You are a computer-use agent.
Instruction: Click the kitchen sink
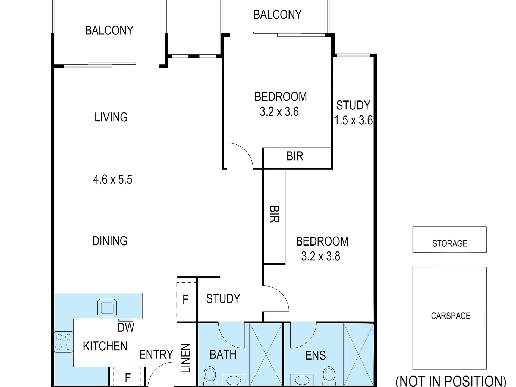coord(107,308)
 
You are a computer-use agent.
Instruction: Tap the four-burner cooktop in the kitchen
coord(64,342)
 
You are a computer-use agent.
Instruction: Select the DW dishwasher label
coord(126,327)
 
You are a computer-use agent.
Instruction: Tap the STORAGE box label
coord(450,243)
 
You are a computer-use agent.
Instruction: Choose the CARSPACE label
coord(451,316)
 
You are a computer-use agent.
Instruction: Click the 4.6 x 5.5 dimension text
coord(113,180)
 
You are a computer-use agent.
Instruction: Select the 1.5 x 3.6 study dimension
coord(353,120)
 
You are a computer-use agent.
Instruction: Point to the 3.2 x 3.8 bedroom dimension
coord(321,256)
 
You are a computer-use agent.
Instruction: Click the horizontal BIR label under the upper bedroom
coord(295,156)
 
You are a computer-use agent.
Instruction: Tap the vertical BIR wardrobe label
coord(274,214)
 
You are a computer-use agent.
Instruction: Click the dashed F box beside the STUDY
coord(186,300)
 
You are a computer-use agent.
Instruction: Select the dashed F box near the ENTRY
coord(127,377)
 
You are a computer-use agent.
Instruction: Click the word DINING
coord(110,241)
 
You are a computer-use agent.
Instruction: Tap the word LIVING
coord(111,117)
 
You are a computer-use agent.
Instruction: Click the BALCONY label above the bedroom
coord(278,14)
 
